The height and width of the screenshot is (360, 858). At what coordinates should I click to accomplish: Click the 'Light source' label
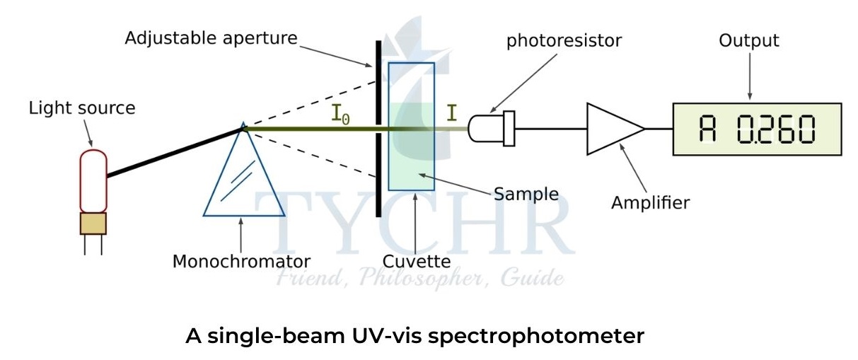(x=81, y=108)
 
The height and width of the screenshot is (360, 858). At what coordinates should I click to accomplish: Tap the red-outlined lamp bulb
(x=93, y=180)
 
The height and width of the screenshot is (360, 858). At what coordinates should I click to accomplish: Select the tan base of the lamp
(x=93, y=223)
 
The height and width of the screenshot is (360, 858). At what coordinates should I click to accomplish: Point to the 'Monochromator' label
(x=241, y=261)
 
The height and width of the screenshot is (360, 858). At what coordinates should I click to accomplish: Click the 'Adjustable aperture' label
(x=211, y=37)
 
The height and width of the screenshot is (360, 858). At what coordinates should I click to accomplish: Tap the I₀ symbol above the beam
(x=340, y=115)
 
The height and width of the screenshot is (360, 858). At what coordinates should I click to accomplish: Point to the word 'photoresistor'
(x=563, y=40)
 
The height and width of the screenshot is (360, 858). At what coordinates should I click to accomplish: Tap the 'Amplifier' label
(x=650, y=204)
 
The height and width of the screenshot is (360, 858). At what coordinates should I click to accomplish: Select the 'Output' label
(x=748, y=40)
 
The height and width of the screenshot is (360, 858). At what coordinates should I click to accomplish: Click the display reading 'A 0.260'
(x=757, y=129)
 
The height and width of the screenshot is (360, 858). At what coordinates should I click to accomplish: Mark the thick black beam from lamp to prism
(x=173, y=151)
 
